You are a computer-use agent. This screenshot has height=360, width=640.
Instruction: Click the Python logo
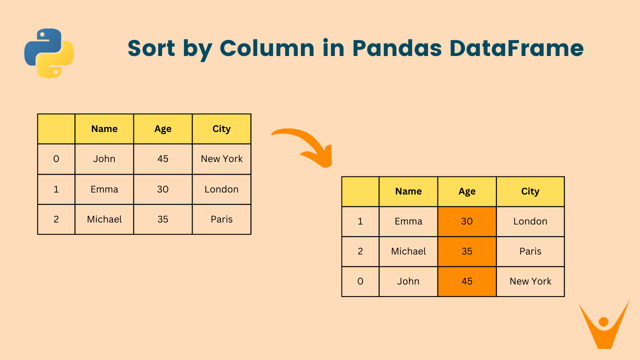tap(49, 53)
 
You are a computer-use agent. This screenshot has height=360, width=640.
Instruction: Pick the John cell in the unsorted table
tap(104, 159)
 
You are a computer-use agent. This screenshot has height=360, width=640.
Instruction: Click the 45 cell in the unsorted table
tap(162, 159)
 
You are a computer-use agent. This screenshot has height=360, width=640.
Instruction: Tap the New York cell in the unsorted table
tap(221, 159)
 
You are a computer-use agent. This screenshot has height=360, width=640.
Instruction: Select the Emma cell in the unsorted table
tap(104, 189)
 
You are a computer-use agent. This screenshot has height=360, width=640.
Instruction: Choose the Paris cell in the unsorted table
tap(221, 219)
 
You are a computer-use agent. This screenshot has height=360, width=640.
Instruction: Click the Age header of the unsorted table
tap(162, 129)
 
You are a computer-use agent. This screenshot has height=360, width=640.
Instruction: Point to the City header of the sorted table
tap(530, 191)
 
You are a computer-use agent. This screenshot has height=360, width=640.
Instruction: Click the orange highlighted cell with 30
tap(466, 221)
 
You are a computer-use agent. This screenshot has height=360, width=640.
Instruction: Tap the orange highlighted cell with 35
tap(466, 251)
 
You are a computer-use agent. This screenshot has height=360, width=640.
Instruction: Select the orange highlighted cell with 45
tap(466, 281)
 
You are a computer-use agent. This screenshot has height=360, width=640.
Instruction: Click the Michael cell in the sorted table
tap(408, 251)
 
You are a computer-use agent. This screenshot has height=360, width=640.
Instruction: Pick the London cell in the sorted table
tap(530, 221)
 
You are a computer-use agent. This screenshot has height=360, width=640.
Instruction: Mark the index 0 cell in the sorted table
tap(360, 281)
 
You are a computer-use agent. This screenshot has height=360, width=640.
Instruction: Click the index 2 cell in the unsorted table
tap(56, 219)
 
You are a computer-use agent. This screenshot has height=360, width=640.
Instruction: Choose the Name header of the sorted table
tap(408, 191)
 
